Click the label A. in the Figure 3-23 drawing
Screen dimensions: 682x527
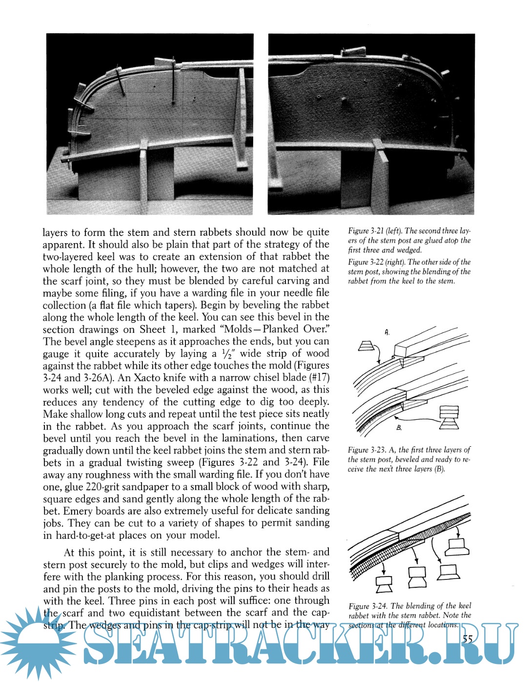pos(386,332)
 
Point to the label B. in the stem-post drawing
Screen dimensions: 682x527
pos(399,428)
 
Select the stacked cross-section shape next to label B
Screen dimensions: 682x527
pos(449,417)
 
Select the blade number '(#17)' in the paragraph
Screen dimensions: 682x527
pos(317,378)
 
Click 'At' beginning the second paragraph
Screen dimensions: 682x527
pos(70,553)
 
